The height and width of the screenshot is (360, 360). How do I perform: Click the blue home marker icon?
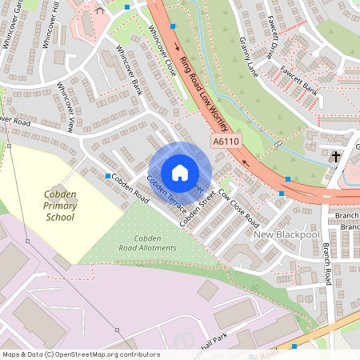[x=180, y=172]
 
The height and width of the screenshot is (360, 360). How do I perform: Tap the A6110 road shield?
[x=226, y=142]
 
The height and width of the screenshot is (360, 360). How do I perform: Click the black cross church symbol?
[x=337, y=156]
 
